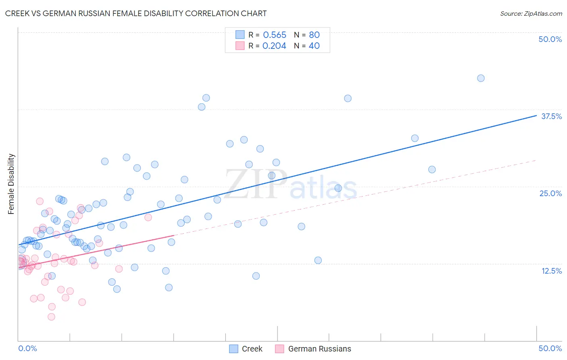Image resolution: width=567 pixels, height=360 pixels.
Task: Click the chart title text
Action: [x=136, y=13]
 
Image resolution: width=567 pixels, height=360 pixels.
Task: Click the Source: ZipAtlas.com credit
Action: [x=531, y=13]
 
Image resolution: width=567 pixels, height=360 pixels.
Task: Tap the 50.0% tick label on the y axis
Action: [x=550, y=39]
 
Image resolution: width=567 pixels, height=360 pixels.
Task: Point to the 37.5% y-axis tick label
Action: [x=551, y=116]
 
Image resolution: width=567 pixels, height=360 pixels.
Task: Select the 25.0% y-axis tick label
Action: [x=550, y=193]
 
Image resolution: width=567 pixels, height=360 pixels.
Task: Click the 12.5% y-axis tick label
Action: [x=551, y=271]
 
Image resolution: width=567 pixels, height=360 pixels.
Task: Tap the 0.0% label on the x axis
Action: [x=27, y=348]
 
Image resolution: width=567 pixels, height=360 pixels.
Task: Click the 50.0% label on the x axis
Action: [x=550, y=348]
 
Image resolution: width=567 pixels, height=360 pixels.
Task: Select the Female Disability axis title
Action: [x=11, y=184]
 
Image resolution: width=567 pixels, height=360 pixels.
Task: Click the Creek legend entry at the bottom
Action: [x=252, y=349]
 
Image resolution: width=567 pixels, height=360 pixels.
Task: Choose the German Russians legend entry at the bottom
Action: [x=319, y=349]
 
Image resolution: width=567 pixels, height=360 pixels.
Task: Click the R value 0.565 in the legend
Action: [x=275, y=35]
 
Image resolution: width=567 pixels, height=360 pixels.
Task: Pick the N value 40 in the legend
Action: [x=314, y=46]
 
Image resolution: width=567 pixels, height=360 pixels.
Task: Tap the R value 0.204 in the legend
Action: [x=274, y=46]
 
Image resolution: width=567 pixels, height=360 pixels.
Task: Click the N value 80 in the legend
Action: [x=314, y=35]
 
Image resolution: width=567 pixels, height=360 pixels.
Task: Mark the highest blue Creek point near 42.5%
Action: [x=481, y=78]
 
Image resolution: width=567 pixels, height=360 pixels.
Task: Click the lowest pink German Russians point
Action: [x=51, y=317]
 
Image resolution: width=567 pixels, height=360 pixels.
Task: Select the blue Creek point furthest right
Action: [x=481, y=78]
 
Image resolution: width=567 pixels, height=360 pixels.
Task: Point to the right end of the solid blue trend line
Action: [x=536, y=115]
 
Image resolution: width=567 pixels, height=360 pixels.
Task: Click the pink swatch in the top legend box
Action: [x=240, y=46]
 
